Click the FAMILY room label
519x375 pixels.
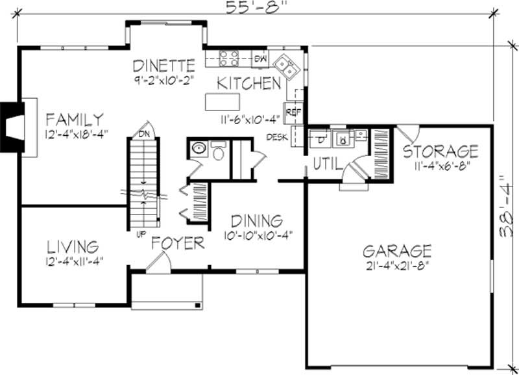(x=75, y=120)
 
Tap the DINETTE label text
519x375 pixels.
(x=163, y=66)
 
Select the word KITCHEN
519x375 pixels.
(x=249, y=83)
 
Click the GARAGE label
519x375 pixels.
(x=397, y=251)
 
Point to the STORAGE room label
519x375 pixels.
(x=441, y=151)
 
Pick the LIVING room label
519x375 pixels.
(x=73, y=247)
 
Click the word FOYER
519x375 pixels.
(x=178, y=243)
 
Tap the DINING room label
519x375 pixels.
(x=257, y=220)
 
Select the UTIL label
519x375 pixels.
(x=327, y=164)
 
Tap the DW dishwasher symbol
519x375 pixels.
(x=260, y=59)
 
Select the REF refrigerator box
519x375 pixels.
(x=293, y=113)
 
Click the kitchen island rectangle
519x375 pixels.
(x=222, y=102)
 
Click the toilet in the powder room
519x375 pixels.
(x=218, y=151)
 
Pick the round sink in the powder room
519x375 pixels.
(x=199, y=148)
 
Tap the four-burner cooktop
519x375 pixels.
(x=229, y=58)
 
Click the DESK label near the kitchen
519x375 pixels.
(x=277, y=137)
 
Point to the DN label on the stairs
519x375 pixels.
(x=144, y=134)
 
